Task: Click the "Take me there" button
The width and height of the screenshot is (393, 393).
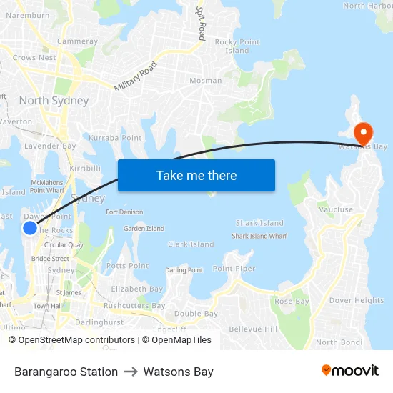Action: [196, 175]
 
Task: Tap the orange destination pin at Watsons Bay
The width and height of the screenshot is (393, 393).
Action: [363, 132]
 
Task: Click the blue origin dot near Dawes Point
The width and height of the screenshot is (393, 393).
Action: [30, 228]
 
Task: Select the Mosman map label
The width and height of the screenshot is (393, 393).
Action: [205, 81]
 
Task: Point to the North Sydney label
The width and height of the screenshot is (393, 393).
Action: [54, 101]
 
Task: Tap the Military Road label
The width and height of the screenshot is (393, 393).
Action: [135, 76]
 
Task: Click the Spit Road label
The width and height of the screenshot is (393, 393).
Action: [202, 23]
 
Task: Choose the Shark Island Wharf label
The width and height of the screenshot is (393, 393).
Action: [259, 236]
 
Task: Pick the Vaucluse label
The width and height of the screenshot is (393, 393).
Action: [336, 209]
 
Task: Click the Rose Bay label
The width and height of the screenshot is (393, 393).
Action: [292, 301]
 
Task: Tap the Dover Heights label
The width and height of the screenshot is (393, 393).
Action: [357, 300]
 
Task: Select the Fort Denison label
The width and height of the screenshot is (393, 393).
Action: [124, 212]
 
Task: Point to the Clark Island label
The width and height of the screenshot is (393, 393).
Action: [191, 244]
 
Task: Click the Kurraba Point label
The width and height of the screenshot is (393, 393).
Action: [115, 137]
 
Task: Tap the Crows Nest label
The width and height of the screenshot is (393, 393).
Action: [34, 58]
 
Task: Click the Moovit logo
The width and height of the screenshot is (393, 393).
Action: [349, 371]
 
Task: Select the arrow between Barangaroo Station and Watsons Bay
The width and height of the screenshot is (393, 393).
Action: [131, 372]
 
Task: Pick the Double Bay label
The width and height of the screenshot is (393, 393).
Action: [196, 314]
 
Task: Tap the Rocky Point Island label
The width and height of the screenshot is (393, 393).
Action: [237, 46]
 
